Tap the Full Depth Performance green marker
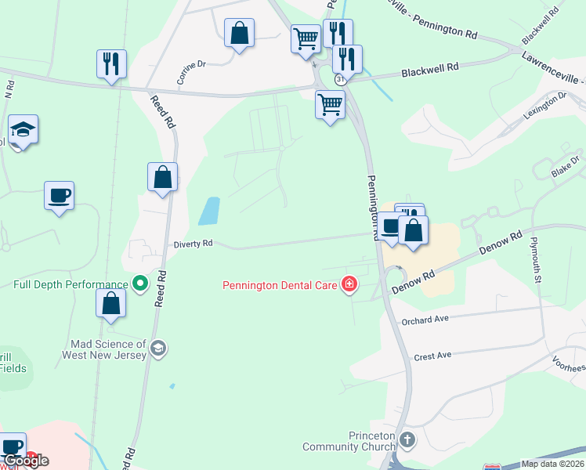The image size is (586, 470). pos(140,283)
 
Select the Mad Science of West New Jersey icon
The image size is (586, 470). pos(158,348)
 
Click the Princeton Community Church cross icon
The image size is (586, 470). pos(406,439)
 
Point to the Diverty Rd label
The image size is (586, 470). pos(193,244)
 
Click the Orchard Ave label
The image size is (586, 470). pos(425,320)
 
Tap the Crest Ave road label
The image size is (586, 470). pos(432,356)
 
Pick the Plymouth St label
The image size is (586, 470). pos(537,258)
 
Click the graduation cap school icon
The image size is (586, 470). pos(24,131)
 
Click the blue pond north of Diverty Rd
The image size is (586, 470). pos(208,211)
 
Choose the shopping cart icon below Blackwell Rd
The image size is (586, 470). pos(330,104)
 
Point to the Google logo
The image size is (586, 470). pos(25,461)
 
